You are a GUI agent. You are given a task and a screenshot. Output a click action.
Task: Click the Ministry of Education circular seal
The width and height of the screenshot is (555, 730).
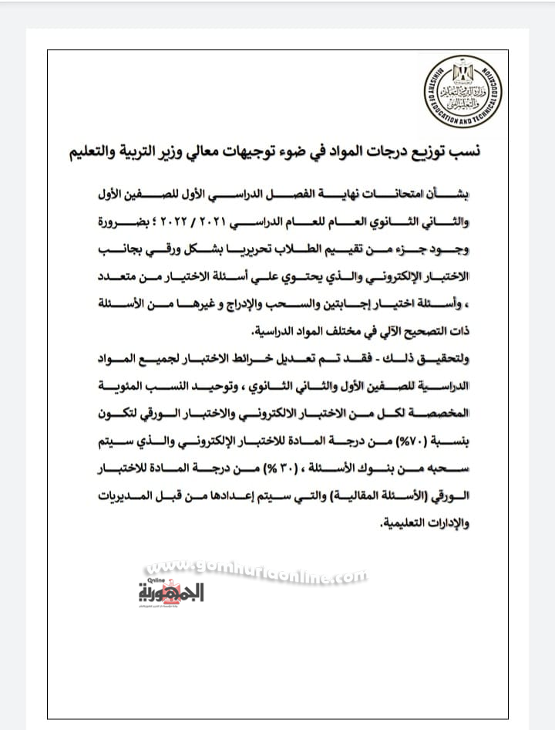pos(462,91)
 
